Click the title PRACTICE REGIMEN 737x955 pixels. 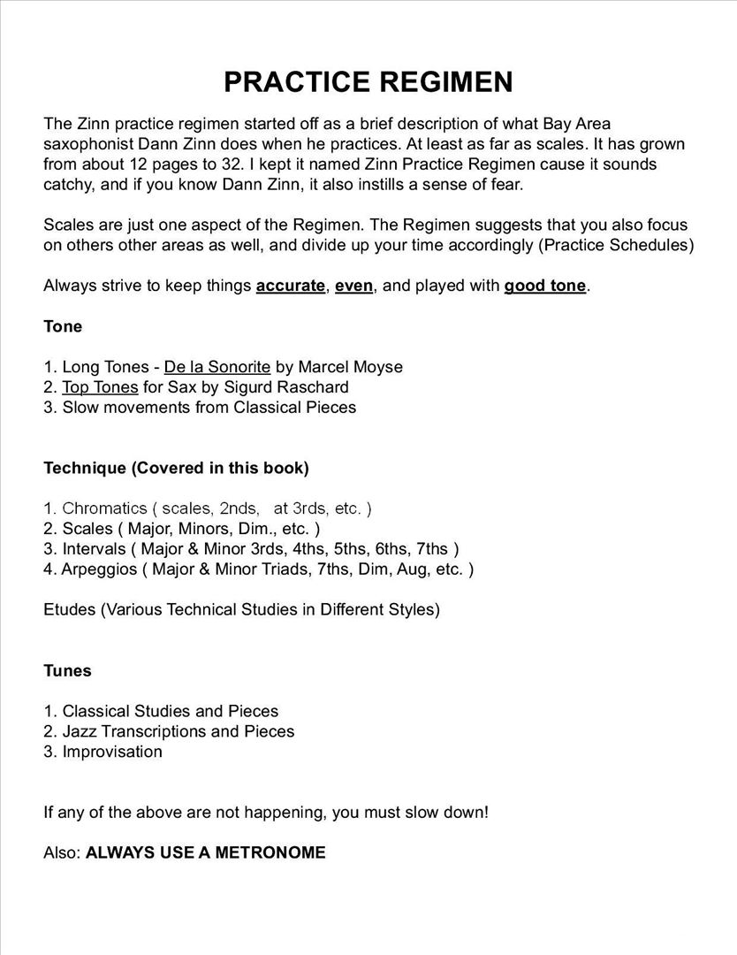[x=368, y=82]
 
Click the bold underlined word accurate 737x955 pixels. [x=291, y=286]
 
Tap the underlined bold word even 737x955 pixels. [x=353, y=286]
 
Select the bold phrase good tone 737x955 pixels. [x=544, y=286]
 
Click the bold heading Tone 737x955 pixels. [x=63, y=326]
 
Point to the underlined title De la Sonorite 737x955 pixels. [x=217, y=367]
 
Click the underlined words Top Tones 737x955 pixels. [x=100, y=387]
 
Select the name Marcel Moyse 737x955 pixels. [x=351, y=367]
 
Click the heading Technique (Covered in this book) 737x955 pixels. [x=176, y=468]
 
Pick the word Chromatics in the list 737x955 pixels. [x=104, y=508]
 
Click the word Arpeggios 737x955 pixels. [x=97, y=569]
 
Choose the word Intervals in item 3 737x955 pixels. [x=95, y=549]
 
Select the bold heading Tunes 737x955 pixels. [x=67, y=671]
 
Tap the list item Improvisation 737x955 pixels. [x=112, y=752]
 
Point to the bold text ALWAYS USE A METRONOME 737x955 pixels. [x=205, y=853]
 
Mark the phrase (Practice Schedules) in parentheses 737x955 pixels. [x=615, y=245]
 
